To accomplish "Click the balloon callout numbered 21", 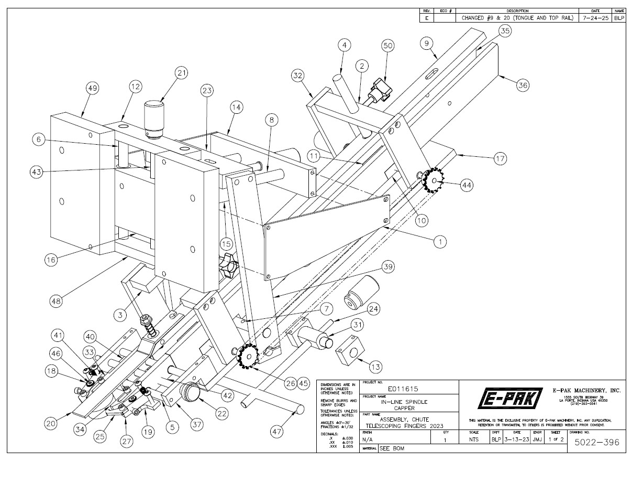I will [x=182, y=73].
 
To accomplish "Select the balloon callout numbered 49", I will [x=93, y=89].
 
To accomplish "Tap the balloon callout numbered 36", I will [x=523, y=85].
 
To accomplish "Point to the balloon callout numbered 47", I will [x=276, y=431].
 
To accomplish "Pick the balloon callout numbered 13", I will [x=376, y=367].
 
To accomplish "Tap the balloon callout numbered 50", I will [x=388, y=46].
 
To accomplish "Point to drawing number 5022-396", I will [x=596, y=443].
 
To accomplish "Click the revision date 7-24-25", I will [x=594, y=17].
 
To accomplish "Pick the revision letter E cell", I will [x=426, y=17].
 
